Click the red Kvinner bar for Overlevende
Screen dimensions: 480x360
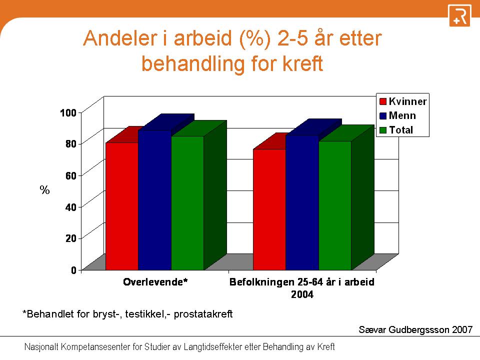(x=122, y=206)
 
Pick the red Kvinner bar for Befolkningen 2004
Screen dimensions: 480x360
(x=269, y=209)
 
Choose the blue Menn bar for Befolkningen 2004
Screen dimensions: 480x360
(x=302, y=202)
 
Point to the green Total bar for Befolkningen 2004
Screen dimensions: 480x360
(x=335, y=205)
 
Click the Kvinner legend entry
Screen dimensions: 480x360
(x=403, y=101)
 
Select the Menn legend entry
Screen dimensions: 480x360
(x=397, y=115)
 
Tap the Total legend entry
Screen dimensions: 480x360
(x=396, y=130)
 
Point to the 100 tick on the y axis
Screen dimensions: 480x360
(x=68, y=112)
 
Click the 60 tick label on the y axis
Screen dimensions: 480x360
(x=70, y=175)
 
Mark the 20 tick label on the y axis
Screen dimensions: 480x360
(x=70, y=238)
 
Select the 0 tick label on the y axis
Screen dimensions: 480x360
(x=74, y=270)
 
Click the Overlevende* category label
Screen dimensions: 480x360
(x=155, y=281)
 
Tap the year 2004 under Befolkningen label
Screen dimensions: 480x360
(x=302, y=294)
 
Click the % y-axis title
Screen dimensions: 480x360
(x=44, y=190)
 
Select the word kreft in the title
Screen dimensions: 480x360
(x=302, y=63)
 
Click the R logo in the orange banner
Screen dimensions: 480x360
(x=459, y=15)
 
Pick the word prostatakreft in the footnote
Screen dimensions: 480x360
(x=203, y=314)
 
